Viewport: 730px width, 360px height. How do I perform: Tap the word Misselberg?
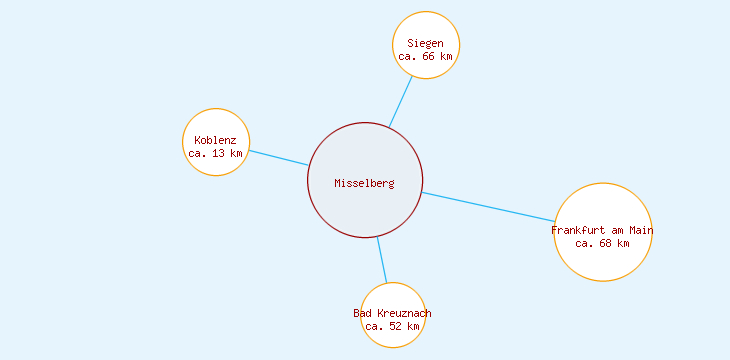pos(365,183)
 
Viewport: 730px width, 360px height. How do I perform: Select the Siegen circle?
pos(426,30)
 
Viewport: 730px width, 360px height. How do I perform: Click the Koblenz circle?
pos(216,125)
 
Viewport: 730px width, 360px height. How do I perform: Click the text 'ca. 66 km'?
pos(426,57)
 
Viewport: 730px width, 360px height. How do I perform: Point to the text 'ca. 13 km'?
pos(216,154)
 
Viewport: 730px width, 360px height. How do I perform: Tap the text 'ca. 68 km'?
pos(603,244)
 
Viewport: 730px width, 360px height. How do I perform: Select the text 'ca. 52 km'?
pos(393,327)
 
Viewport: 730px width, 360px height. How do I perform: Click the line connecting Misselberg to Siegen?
pos(400,102)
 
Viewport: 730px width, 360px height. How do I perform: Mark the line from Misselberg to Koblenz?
pos(278,158)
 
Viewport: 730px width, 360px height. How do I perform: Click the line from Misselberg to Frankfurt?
pos(488,206)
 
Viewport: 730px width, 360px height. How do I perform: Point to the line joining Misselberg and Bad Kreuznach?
pos(381,260)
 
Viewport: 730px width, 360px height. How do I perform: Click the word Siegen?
pos(426,43)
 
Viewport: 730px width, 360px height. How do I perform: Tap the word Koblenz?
pos(216,140)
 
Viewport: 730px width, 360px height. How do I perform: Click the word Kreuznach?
pos(404,314)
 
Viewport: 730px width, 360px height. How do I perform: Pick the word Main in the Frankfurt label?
pos(640,231)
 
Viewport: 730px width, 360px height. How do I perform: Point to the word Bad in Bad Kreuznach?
pos(363,314)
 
